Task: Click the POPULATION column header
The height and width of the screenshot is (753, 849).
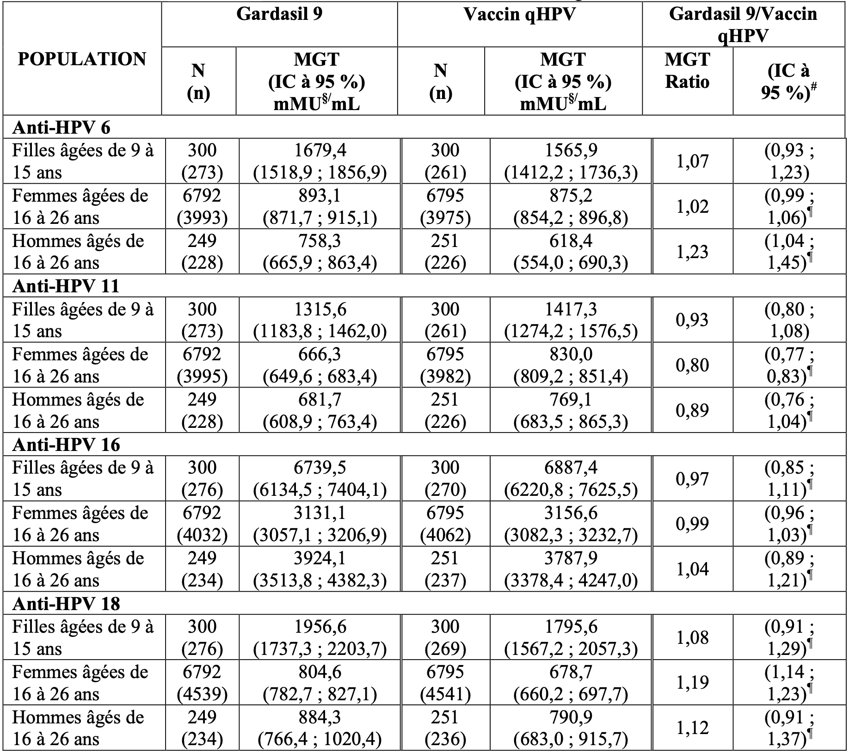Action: tap(82, 59)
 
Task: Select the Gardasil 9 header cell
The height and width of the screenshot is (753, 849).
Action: tap(279, 14)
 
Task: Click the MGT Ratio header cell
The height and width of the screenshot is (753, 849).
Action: tap(687, 71)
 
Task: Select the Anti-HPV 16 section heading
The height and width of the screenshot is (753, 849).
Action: tap(66, 445)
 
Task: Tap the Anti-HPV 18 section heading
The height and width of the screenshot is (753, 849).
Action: tap(66, 604)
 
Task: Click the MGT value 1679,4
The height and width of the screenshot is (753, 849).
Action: tap(320, 150)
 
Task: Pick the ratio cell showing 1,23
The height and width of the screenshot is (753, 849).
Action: tap(692, 252)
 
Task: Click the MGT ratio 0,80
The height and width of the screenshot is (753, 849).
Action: tap(692, 365)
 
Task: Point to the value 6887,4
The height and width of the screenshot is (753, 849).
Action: tap(571, 468)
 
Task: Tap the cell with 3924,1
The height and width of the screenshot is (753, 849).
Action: tap(320, 558)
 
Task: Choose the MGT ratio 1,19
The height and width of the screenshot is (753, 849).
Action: tap(692, 683)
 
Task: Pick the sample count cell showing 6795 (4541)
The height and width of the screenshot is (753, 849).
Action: tap(445, 683)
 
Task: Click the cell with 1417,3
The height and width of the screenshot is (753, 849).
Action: tap(571, 309)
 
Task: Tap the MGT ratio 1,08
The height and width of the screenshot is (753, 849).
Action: tap(692, 637)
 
